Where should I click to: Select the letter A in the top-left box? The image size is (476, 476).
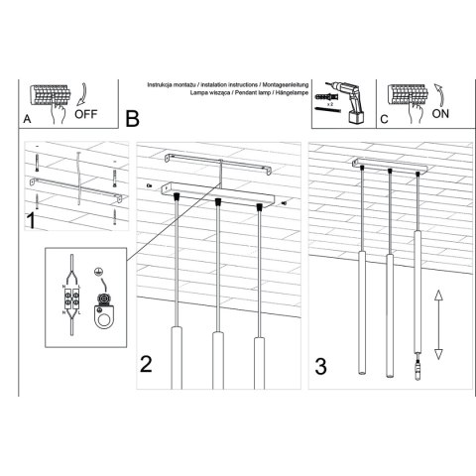27,119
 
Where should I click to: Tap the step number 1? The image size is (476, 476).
32,220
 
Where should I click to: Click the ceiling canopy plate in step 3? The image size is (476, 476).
391,166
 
